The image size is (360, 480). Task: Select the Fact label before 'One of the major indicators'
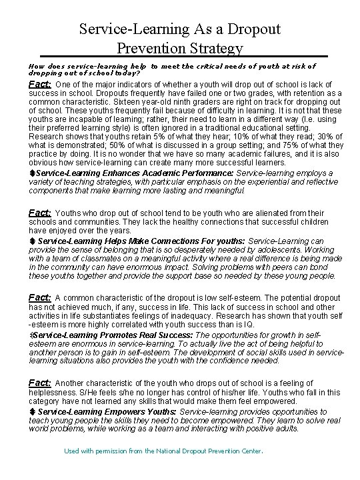(x=40, y=85)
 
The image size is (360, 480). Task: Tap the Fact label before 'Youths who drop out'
(x=40, y=213)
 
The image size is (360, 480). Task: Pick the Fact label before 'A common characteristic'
(x=40, y=297)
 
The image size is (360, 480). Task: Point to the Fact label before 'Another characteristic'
(x=40, y=383)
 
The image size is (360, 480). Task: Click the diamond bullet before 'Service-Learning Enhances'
(x=31, y=173)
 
